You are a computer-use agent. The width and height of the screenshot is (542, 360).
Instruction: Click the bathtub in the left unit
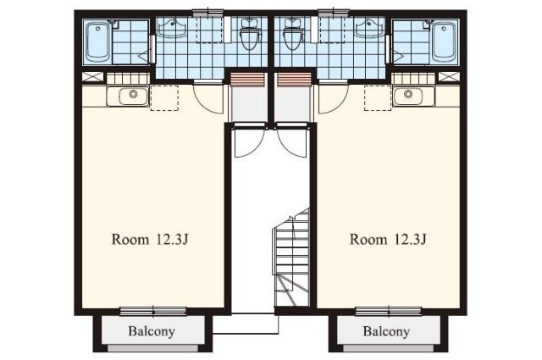[98, 42]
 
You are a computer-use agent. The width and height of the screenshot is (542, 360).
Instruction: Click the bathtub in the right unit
[444, 42]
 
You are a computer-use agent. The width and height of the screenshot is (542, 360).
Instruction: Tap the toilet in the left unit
[249, 34]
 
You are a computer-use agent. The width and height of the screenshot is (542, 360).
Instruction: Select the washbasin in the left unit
[172, 28]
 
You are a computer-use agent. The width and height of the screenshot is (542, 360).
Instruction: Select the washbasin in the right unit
[370, 28]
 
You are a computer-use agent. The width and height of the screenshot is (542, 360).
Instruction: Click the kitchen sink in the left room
[134, 96]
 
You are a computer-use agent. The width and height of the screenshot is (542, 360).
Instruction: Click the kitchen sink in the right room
[408, 96]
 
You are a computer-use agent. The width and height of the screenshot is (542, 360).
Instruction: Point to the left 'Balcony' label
[152, 331]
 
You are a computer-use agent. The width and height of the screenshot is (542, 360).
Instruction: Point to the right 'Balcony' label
[386, 331]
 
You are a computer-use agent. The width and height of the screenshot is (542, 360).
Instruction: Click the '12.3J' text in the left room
[173, 239]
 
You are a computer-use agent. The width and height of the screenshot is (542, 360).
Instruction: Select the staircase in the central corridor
[291, 258]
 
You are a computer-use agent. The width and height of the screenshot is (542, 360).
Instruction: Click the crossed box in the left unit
[92, 77]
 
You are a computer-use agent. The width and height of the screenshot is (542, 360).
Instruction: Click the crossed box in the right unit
[449, 77]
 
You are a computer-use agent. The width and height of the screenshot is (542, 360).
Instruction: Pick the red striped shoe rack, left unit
[247, 80]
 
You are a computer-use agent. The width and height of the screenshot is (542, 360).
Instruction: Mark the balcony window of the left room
[153, 311]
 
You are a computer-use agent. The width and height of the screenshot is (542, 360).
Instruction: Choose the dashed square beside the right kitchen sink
[378, 98]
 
